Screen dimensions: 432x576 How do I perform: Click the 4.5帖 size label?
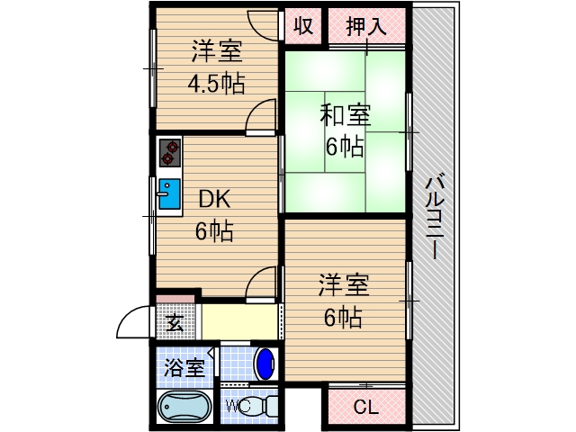(x=215, y=84)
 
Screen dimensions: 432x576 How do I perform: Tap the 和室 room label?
(x=346, y=115)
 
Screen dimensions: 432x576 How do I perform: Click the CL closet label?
(x=364, y=407)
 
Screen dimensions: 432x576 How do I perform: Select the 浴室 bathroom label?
(x=184, y=366)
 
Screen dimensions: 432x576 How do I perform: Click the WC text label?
(x=237, y=405)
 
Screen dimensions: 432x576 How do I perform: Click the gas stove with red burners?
(x=169, y=153)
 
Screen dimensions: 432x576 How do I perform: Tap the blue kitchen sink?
(x=169, y=193)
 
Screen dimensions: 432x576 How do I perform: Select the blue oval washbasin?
(x=265, y=364)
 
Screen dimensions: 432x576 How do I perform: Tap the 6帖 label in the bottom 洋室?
(x=344, y=317)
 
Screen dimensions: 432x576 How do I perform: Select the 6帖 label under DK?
(x=215, y=231)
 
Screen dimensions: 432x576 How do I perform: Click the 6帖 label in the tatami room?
(x=345, y=146)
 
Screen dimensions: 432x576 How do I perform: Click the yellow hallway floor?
(x=238, y=321)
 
